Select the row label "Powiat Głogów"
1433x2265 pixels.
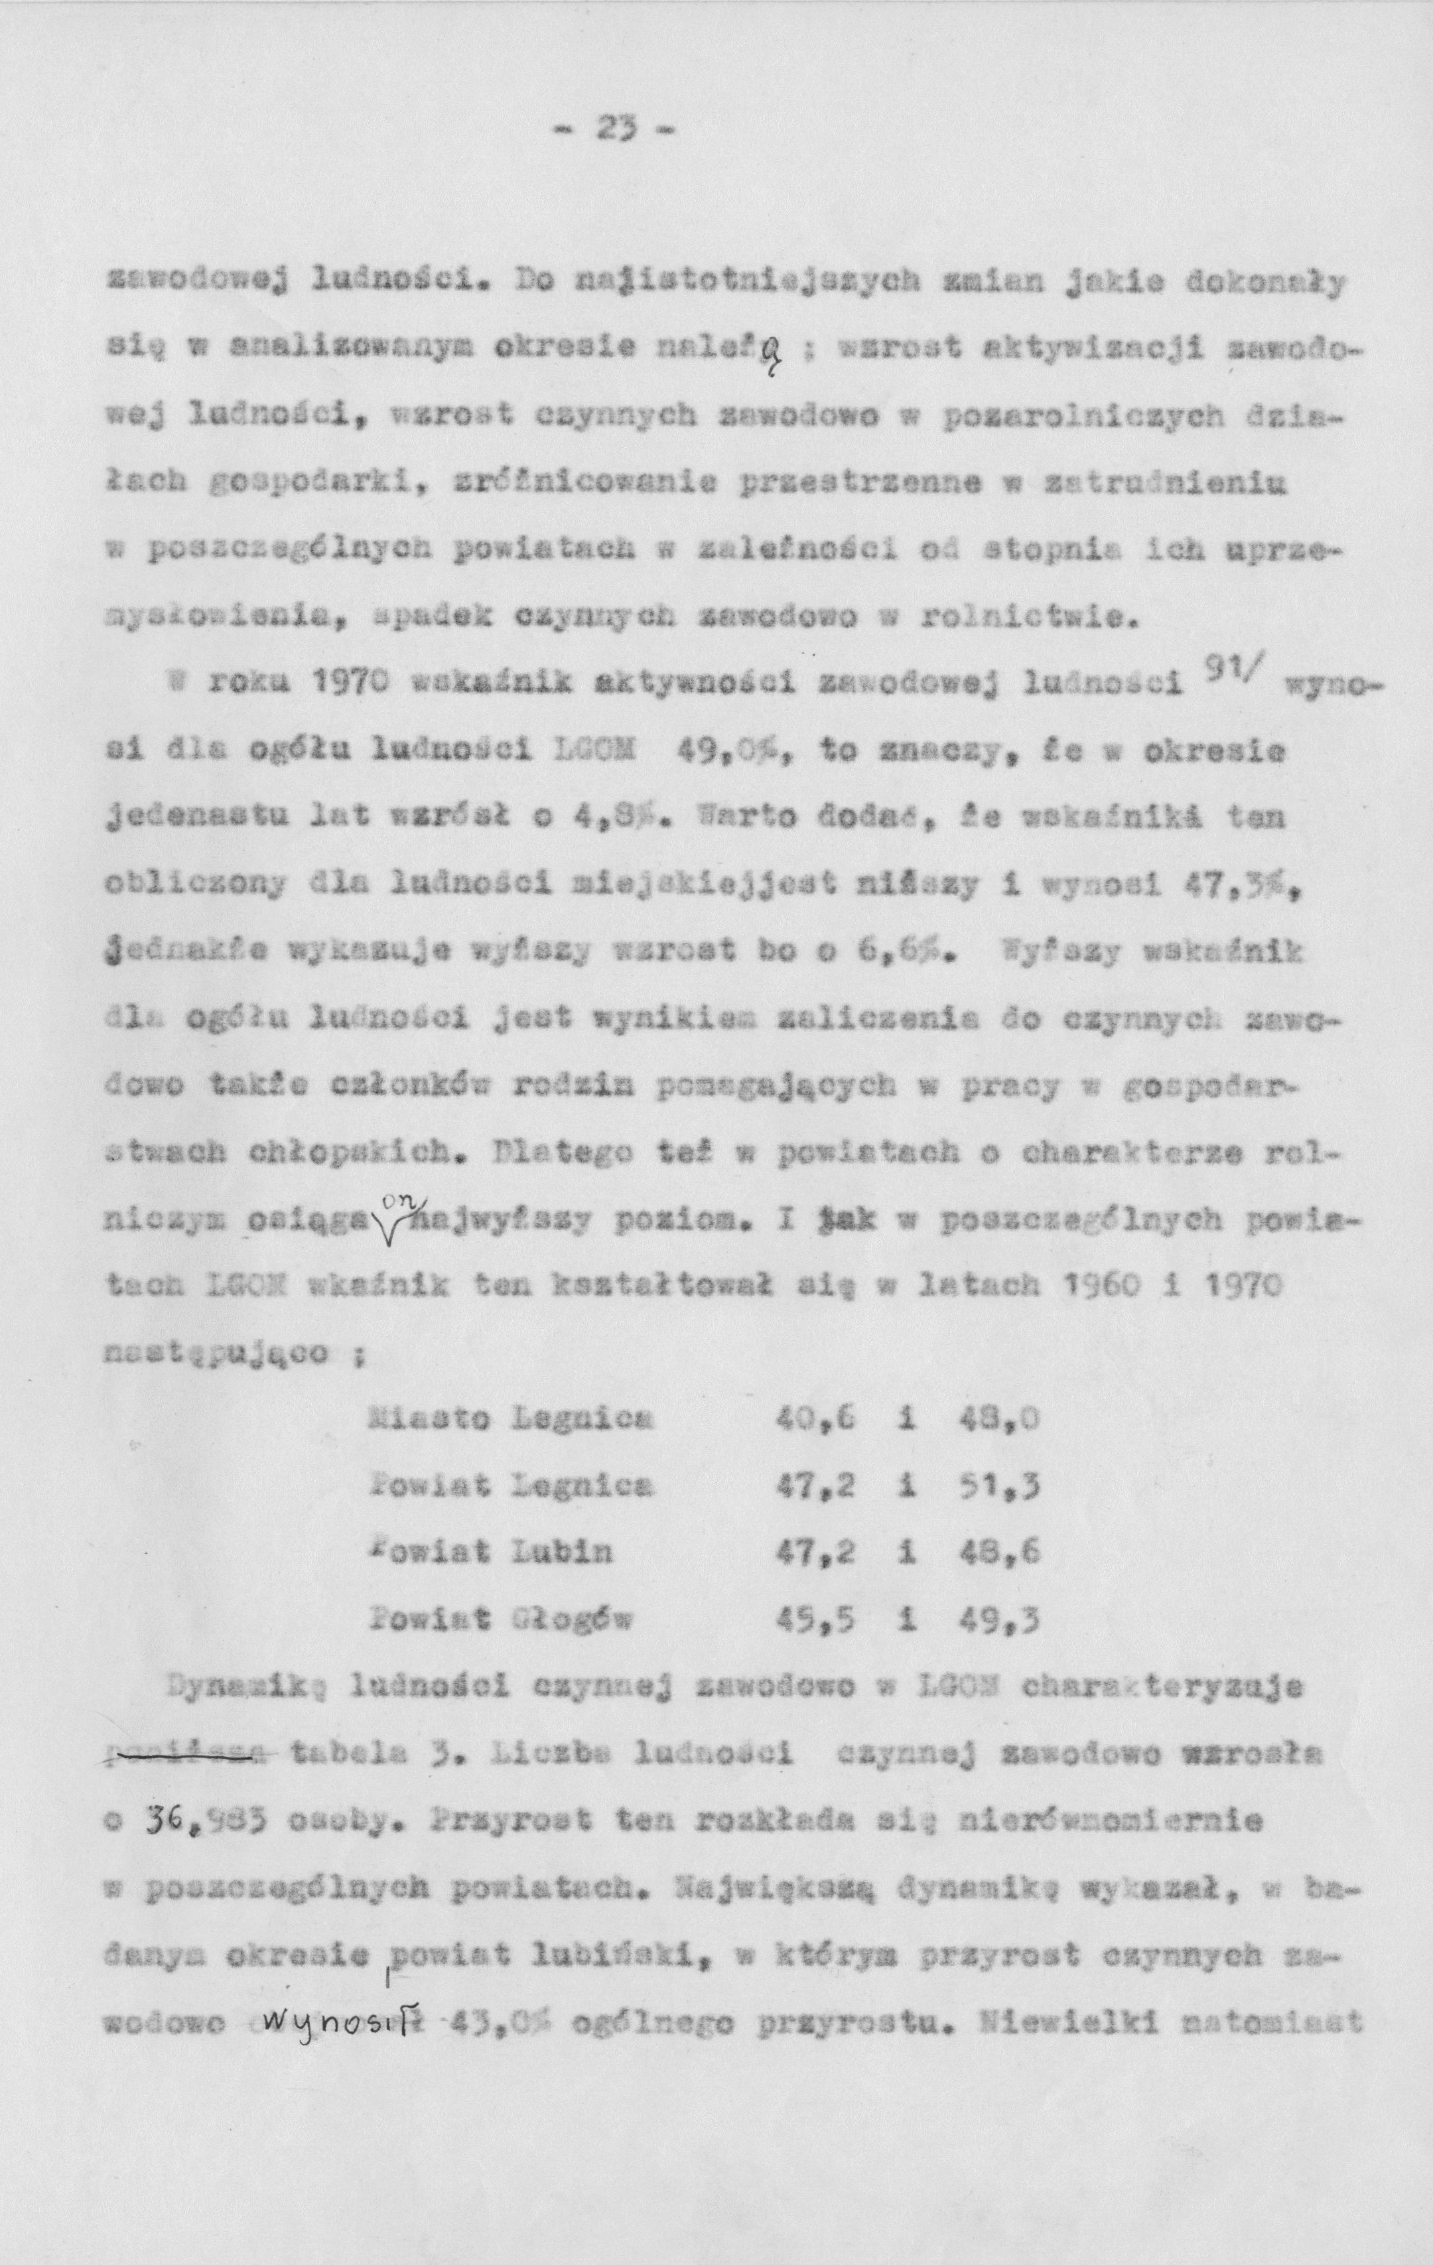pyautogui.click(x=500, y=1619)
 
